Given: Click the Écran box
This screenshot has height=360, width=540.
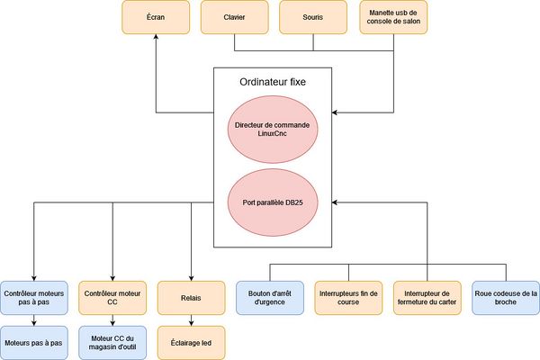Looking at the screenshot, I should tap(156, 17).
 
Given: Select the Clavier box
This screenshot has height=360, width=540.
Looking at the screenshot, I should tap(235, 17).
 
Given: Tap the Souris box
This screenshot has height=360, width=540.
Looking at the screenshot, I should tap(314, 17).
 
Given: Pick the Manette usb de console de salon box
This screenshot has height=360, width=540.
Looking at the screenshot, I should tap(393, 17).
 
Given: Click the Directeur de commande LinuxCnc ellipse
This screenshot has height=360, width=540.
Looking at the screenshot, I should tap(273, 128).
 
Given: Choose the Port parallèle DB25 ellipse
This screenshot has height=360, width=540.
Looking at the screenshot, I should tap(273, 201).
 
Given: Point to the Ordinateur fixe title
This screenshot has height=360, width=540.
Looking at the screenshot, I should tap(273, 82).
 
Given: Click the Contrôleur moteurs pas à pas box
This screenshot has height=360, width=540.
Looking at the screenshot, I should tap(33, 298).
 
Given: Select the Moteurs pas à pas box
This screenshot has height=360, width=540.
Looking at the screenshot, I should tap(33, 342).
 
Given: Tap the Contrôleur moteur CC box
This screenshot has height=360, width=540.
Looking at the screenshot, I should tap(112, 298).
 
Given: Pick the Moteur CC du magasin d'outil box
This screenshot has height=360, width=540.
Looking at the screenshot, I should tap(112, 342).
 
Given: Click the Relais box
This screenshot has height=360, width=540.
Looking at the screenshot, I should tap(191, 298).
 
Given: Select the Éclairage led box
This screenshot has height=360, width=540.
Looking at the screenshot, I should tap(191, 342).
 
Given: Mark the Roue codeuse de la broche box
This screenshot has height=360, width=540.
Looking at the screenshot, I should tap(506, 298).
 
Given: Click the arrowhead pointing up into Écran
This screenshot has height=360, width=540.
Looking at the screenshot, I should tap(156, 39).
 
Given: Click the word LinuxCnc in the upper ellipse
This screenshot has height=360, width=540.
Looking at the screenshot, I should tap(273, 134).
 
